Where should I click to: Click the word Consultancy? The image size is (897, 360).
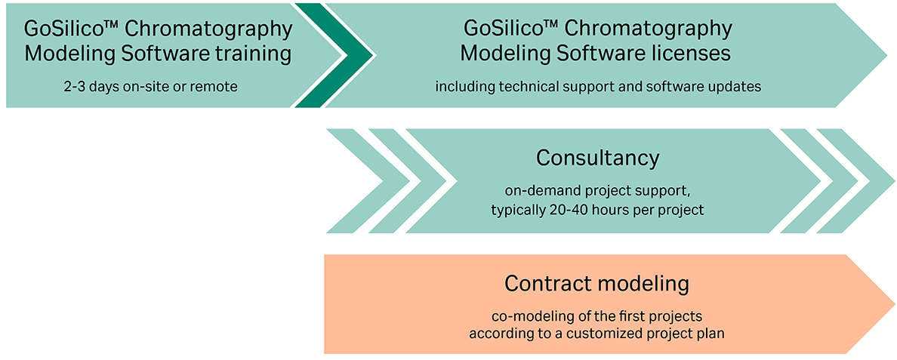click(598, 158)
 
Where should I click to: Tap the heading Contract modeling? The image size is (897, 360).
click(597, 284)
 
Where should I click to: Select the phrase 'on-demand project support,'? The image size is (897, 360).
click(597, 190)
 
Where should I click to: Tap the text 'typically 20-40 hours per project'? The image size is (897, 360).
click(597, 210)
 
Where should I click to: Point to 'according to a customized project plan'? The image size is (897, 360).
click(597, 334)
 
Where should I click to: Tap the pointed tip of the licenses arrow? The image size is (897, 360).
click(887, 55)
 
